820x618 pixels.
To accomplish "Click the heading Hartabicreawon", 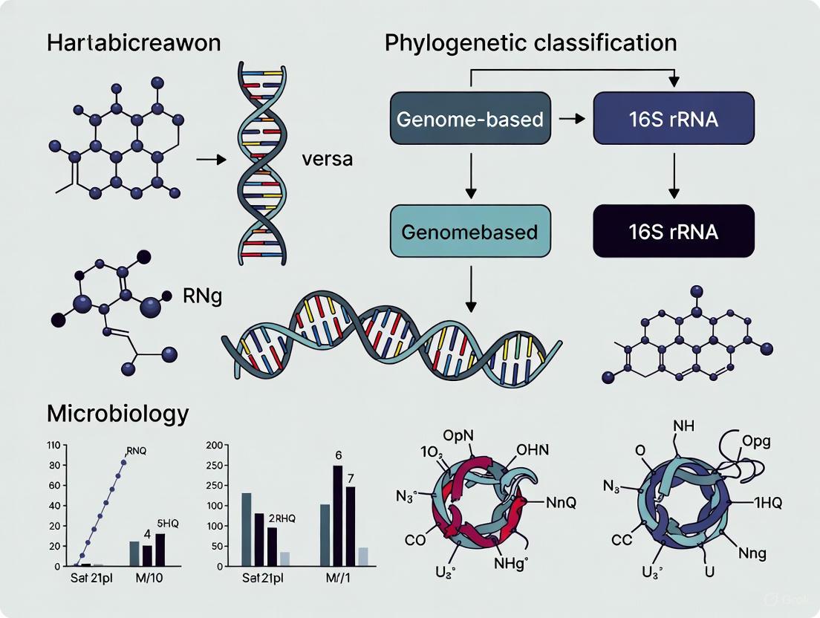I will click(x=134, y=42).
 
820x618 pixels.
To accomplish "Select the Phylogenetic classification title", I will click(x=530, y=42).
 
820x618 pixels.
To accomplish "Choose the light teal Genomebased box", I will click(x=469, y=231).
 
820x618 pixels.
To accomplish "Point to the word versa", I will click(x=328, y=159).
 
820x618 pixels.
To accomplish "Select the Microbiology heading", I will click(x=117, y=413).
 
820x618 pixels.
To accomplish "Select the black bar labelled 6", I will click(x=338, y=513).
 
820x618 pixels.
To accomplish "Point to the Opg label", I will click(x=757, y=440).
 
